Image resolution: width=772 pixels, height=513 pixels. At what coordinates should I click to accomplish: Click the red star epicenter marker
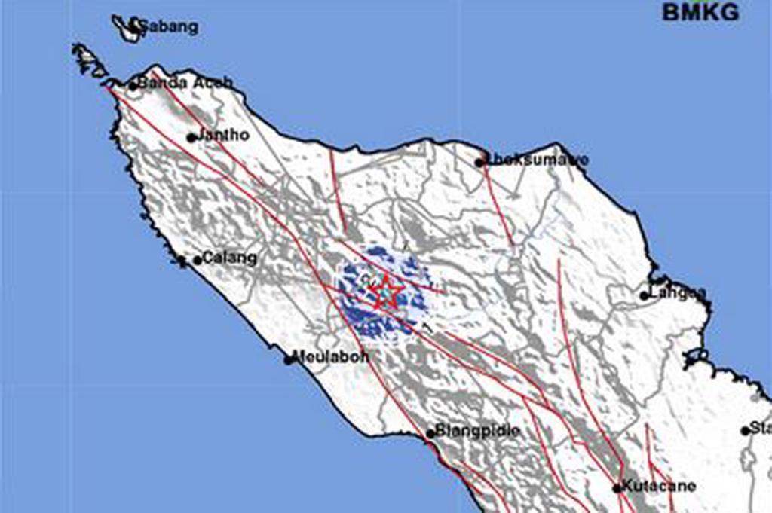click(385, 291)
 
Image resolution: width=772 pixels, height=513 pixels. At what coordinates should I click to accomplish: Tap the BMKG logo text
click(700, 12)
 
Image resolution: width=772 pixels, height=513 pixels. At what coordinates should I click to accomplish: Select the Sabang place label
click(167, 28)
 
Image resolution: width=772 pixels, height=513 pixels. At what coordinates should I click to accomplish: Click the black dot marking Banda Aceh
click(133, 85)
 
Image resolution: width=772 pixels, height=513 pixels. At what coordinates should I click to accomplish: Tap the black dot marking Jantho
click(191, 137)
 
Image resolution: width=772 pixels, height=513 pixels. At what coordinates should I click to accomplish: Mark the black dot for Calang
click(198, 260)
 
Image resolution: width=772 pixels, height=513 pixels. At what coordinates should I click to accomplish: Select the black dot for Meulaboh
click(288, 360)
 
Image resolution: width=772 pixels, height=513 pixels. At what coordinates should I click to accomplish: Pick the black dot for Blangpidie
click(430, 433)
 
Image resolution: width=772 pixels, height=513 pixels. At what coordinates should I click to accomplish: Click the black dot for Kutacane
click(617, 487)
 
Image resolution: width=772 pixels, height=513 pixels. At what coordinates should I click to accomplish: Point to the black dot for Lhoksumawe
click(479, 162)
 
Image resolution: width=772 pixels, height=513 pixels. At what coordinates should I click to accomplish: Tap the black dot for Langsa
click(645, 295)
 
